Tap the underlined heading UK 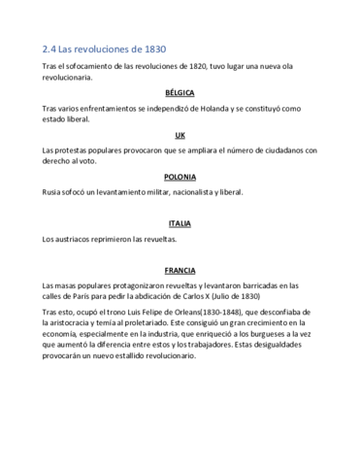click(180, 135)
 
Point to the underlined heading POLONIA click(180, 178)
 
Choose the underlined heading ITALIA click(180, 223)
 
